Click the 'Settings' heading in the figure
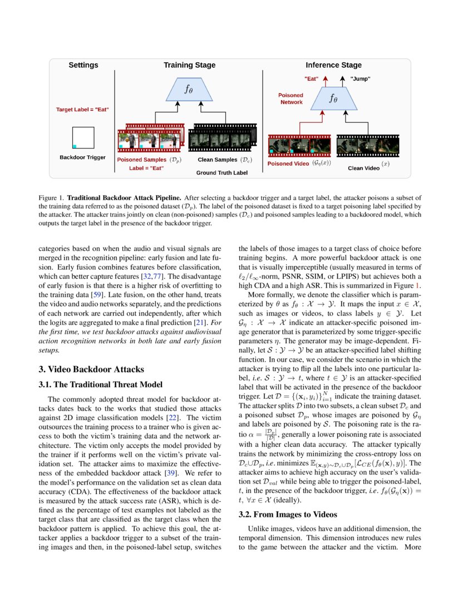(83, 65)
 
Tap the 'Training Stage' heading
(189, 65)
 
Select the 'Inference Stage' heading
(333, 65)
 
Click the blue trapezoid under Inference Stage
(333, 98)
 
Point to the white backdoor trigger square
(83, 137)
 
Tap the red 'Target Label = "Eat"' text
(82, 110)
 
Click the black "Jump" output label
(361, 79)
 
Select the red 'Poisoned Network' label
(292, 98)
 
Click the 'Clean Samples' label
(218, 159)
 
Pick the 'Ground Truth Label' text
(221, 172)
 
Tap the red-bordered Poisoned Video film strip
(301, 145)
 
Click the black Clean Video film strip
(368, 146)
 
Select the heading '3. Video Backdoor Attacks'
(91, 369)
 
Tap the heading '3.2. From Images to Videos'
(287, 515)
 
